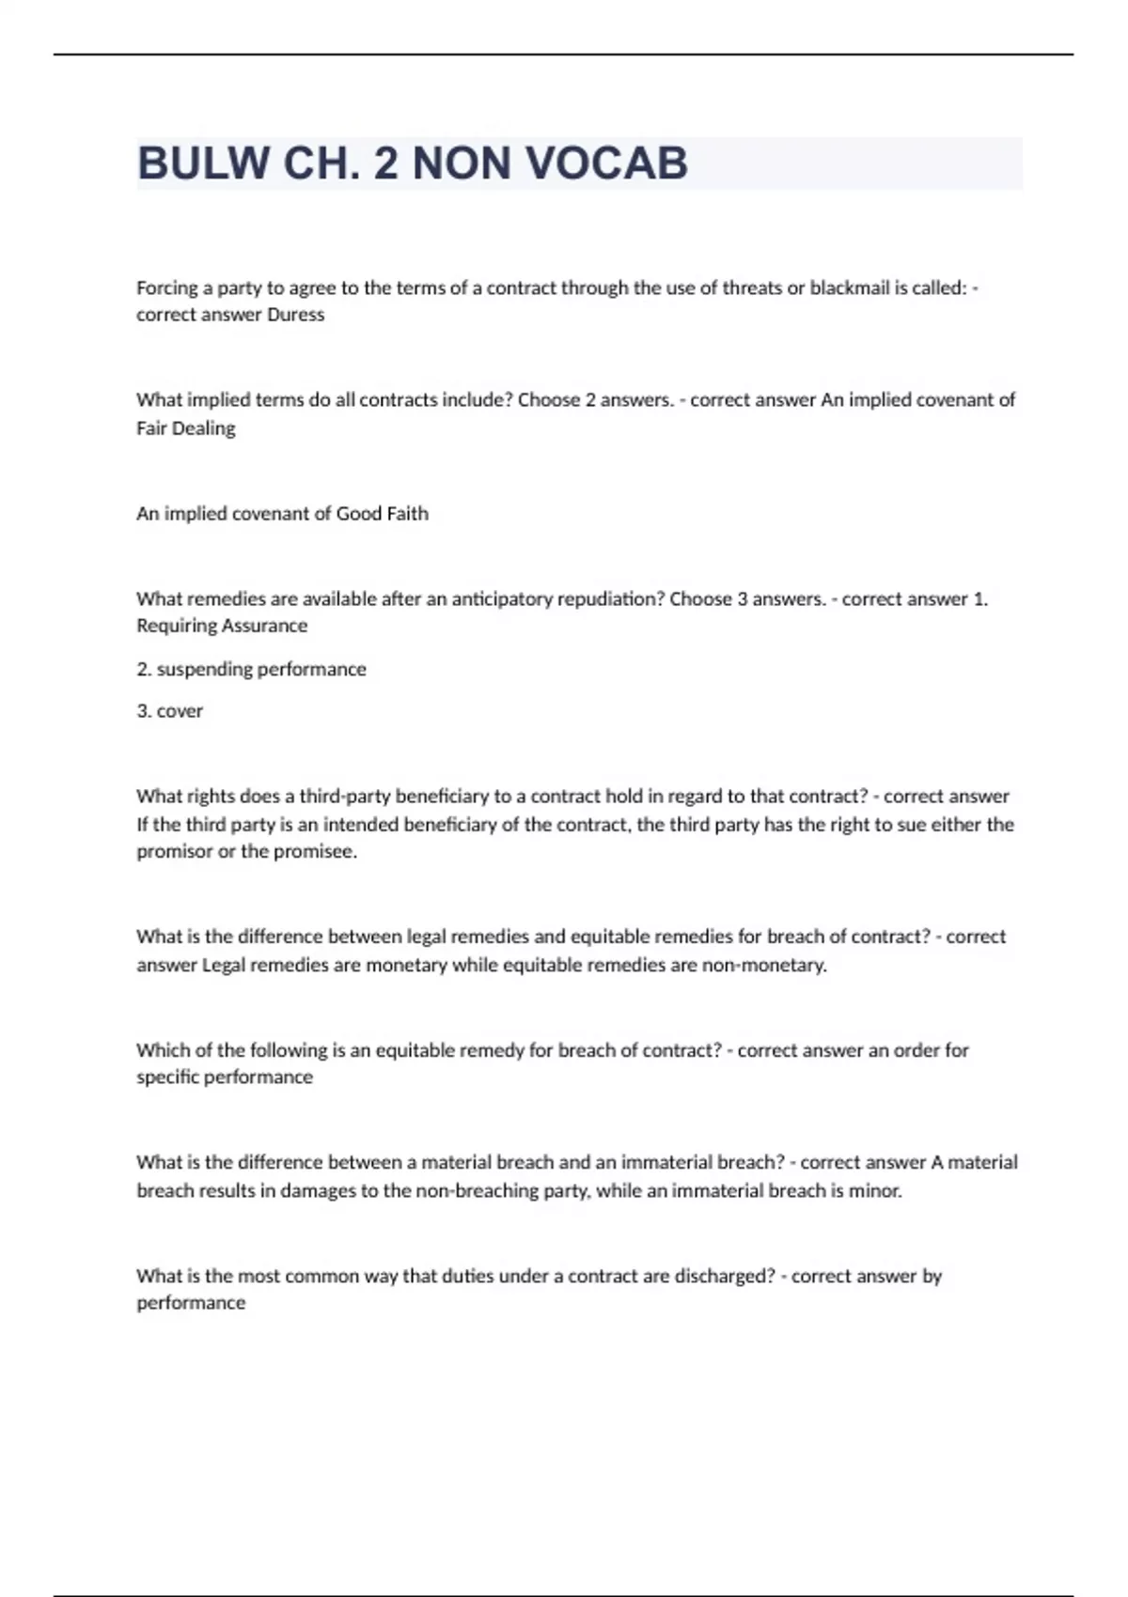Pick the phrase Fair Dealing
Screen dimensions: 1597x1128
[186, 428]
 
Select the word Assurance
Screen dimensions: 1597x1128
[258, 626]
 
